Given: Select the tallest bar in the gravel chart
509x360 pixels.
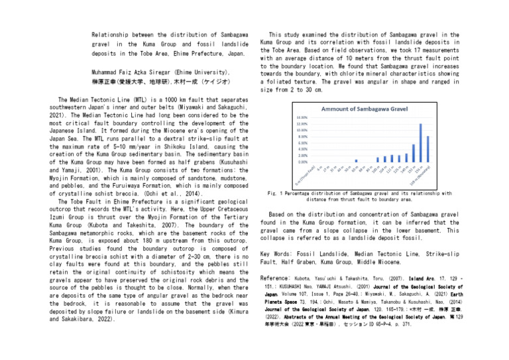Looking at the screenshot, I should click(x=421, y=143).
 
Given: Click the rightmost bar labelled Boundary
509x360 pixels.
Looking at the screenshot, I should click(x=428, y=149).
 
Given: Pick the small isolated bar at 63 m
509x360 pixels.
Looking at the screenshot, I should click(x=356, y=160).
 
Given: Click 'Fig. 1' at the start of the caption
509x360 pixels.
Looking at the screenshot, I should click(x=272, y=193).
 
